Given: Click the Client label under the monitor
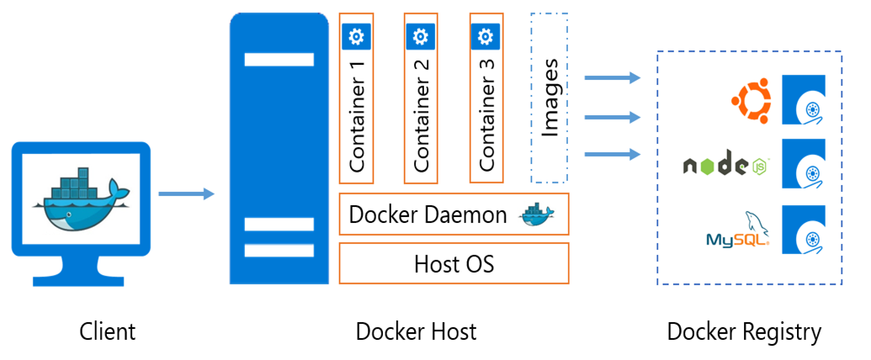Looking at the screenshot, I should pos(108,331).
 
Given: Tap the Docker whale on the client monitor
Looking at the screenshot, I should pos(81,199).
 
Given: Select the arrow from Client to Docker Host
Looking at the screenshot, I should pos(186,194).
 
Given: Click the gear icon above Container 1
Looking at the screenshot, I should pos(356,36).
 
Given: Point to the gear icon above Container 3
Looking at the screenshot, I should pos(485,36).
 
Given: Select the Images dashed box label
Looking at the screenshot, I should pos(550,98).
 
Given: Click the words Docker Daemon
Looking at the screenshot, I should pos(428,214).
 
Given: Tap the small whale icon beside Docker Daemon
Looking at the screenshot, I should pos(537,215).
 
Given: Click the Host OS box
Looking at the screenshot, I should pos(454,263).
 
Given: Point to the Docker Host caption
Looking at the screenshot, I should pos(416,331).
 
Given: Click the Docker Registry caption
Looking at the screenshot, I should pos(744,331).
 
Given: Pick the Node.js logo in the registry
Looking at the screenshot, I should pos(726,166).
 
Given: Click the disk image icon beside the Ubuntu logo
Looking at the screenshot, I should pos(804,100).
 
